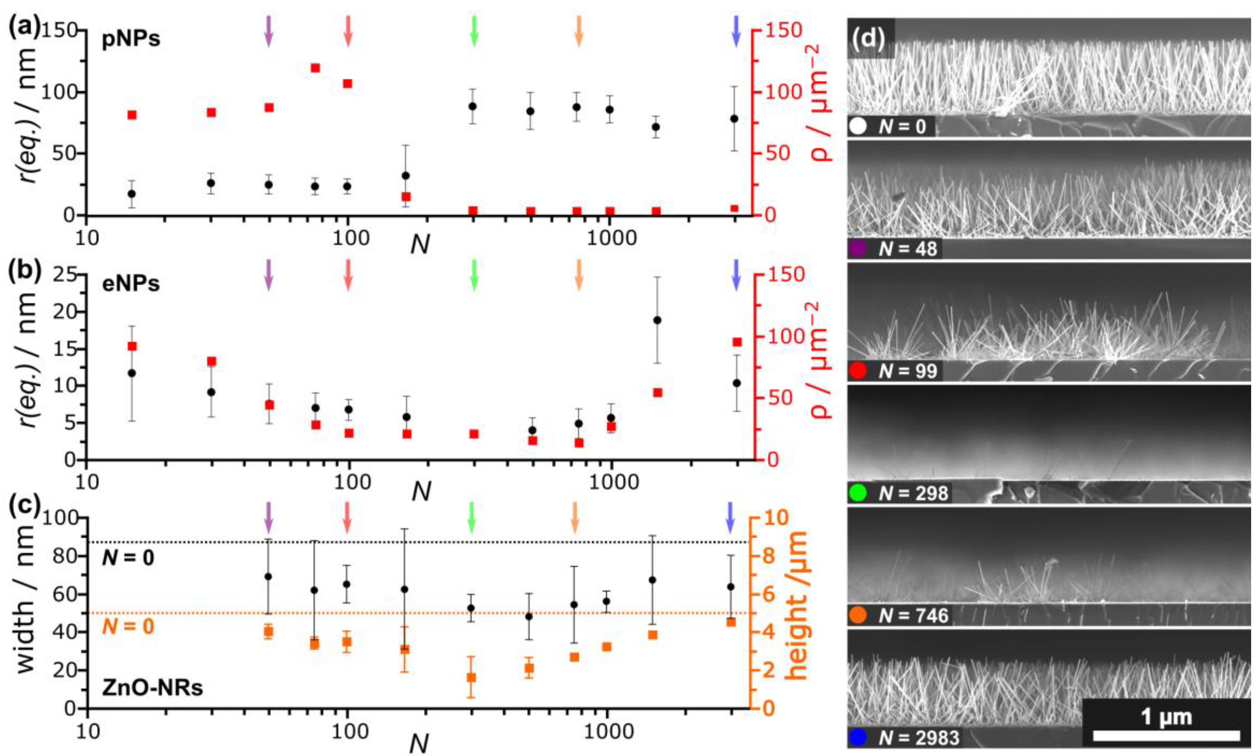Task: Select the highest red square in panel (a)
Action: [315, 68]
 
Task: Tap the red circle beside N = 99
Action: [858, 370]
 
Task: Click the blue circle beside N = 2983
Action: [858, 737]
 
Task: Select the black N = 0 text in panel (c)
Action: [128, 558]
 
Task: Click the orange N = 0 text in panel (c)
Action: [128, 626]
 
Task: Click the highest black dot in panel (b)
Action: [657, 320]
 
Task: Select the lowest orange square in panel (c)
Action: [472, 678]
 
